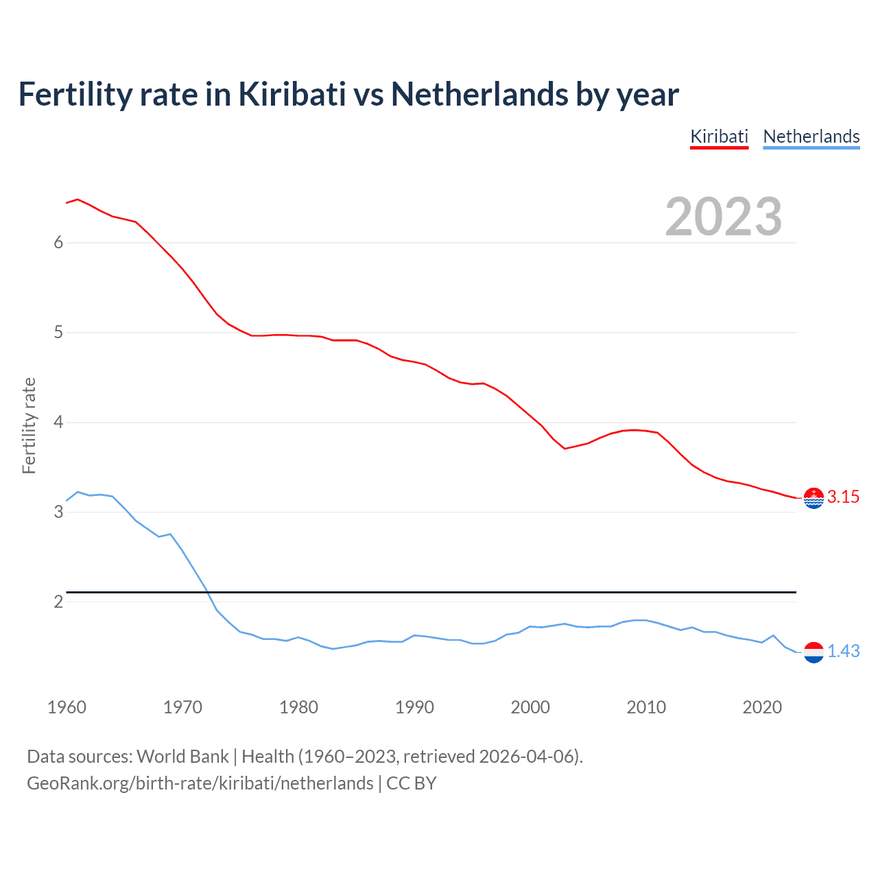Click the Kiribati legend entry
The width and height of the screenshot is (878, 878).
click(x=719, y=137)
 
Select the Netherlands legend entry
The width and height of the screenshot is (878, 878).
click(x=811, y=137)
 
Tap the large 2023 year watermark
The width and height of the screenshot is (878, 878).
click(x=724, y=217)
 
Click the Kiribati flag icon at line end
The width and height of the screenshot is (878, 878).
click(x=814, y=498)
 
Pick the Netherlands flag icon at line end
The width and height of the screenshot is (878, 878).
click(x=814, y=652)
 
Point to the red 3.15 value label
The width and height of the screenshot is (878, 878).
click(x=843, y=497)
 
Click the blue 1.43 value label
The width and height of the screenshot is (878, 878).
click(x=843, y=652)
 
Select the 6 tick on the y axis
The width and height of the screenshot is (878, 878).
click(x=58, y=243)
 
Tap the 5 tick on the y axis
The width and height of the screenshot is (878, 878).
click(x=58, y=333)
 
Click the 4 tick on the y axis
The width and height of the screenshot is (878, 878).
click(x=58, y=423)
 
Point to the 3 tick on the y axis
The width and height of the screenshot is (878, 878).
click(x=58, y=512)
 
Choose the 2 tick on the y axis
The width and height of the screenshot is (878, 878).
click(x=58, y=602)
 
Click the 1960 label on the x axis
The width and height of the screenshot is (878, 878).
click(x=67, y=707)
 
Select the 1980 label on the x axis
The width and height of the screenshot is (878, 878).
click(x=298, y=707)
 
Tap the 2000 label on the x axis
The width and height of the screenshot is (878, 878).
click(x=530, y=707)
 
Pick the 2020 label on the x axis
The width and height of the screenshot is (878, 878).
click(x=762, y=707)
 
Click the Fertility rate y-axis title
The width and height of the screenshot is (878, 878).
click(x=29, y=425)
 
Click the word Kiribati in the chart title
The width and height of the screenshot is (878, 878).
click(x=292, y=95)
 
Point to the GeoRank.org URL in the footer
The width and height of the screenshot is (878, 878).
click(x=200, y=783)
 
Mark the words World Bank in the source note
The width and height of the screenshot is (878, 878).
click(x=182, y=757)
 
